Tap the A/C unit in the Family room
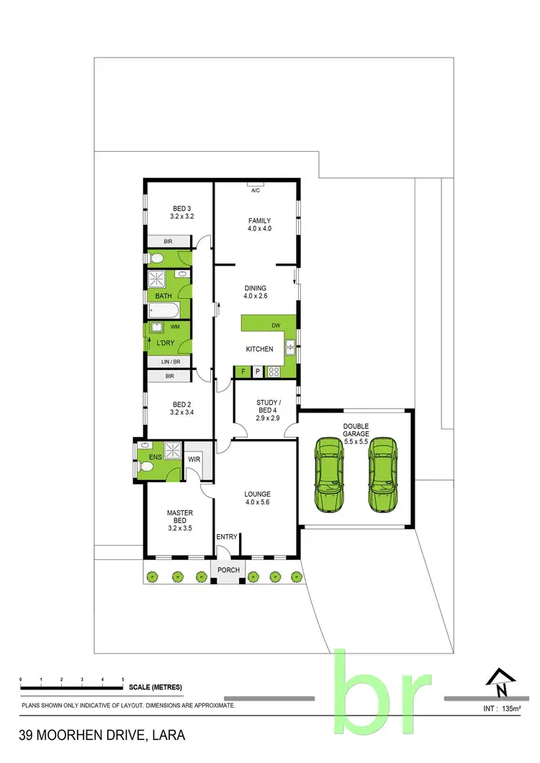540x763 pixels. coord(255,190)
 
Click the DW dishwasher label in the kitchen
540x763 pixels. coord(276,325)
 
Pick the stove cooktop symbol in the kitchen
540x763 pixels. coord(274,371)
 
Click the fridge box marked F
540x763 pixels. coord(243,371)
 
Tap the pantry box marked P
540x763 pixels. coord(257,371)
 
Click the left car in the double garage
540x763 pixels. coord(329,476)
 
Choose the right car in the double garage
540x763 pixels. coord(382,476)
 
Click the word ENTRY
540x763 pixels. coord(227,537)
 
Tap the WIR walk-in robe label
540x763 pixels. coord(193,459)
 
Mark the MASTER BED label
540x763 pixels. coord(180,517)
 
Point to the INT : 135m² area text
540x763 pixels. coord(501,708)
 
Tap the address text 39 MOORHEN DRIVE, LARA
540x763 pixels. coord(102,736)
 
